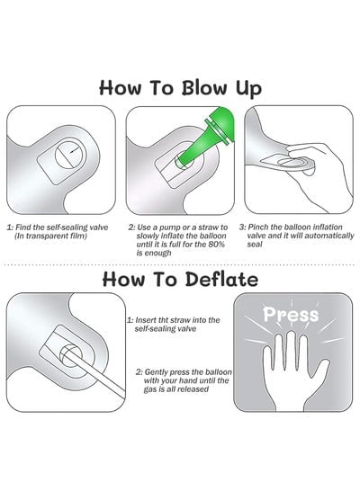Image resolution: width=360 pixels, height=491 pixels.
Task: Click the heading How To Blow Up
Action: click(x=180, y=88)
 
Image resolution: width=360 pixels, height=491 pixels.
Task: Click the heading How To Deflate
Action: click(x=180, y=279)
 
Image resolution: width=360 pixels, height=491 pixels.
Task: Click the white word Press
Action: click(x=291, y=314)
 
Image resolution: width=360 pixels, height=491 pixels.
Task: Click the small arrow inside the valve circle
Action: click(x=75, y=150)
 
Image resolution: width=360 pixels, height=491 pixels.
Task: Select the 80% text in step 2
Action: click(x=216, y=245)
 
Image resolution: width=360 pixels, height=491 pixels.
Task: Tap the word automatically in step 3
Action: click(x=328, y=236)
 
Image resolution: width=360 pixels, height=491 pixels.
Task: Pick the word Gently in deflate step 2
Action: click(x=157, y=372)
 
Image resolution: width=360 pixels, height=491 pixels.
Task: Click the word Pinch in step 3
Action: click(x=256, y=227)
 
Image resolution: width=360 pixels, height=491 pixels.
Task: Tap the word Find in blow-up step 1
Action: click(x=22, y=228)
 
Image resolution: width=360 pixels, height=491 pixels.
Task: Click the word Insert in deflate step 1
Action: click(x=147, y=320)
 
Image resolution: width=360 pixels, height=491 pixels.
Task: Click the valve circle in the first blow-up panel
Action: click(x=70, y=154)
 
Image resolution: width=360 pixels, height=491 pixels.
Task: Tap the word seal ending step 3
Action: click(x=255, y=244)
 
